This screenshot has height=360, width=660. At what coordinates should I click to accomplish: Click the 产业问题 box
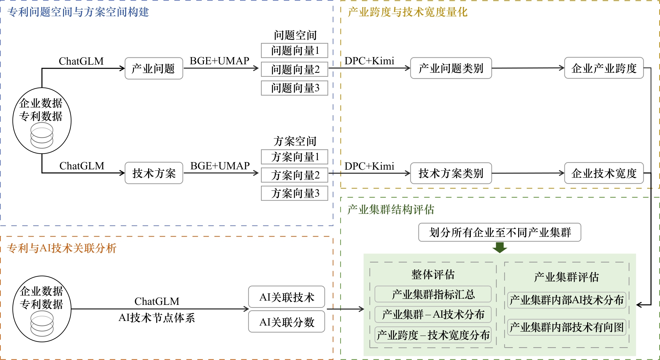pos(154,69)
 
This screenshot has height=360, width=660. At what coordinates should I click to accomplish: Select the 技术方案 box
pos(154,173)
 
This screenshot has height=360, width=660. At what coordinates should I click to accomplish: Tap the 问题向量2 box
pos(295,69)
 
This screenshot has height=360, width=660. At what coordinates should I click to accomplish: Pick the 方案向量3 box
pos(295,193)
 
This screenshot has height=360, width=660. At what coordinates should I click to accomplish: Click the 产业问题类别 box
pos(451,68)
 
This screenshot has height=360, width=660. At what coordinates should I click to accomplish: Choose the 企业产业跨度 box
pos(604,68)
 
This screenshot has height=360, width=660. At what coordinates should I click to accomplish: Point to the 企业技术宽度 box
pos(604,173)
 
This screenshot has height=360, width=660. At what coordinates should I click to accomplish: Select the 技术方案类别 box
pos(451,173)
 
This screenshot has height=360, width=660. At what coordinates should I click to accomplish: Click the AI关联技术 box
pos(287,297)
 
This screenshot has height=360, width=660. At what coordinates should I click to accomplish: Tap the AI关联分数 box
pos(287,322)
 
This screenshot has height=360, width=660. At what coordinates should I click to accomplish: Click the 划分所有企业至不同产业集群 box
pos(499,232)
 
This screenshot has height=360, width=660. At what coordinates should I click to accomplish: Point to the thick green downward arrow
pos(500,247)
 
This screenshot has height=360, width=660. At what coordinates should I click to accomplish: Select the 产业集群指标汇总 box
pos(433,294)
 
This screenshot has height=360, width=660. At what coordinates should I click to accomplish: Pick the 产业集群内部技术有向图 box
pos(566,327)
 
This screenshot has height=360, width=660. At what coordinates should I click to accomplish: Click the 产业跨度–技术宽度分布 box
pos(433,335)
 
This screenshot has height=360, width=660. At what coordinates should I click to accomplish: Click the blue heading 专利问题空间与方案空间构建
pos(78,12)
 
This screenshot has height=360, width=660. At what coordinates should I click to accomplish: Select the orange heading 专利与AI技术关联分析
pos(62,248)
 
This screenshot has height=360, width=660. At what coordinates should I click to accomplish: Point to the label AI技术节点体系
pos(157,318)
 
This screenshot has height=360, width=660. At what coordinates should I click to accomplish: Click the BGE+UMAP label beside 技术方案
pos(220,166)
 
